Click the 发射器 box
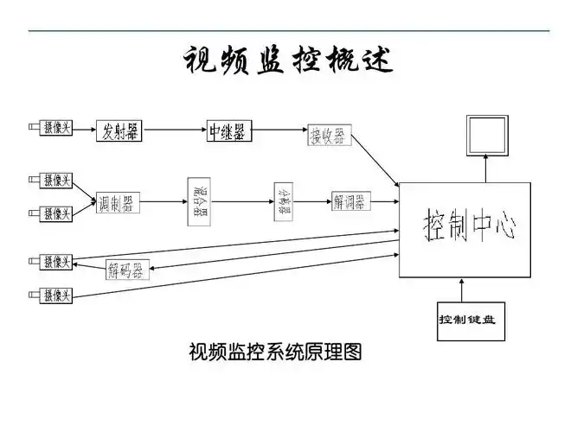click(119, 131)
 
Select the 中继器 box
click(227, 131)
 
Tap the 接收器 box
click(330, 136)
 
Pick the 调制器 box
click(116, 204)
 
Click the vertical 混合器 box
click(199, 202)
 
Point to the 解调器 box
click(349, 202)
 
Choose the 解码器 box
click(128, 269)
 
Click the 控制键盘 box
click(468, 320)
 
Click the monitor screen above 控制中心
click(486, 137)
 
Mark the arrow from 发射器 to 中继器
click(173, 131)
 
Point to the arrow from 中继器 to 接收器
click(278, 133)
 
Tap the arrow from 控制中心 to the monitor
click(486, 170)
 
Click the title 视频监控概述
click(288, 60)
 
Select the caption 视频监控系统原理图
click(274, 352)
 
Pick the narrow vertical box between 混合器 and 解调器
click(284, 200)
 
